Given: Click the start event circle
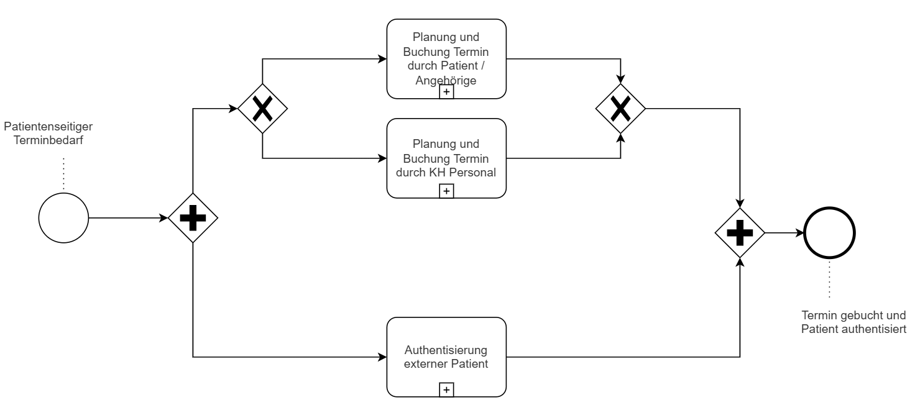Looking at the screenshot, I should coord(63,219).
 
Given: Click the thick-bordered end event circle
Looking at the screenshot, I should coord(829,233).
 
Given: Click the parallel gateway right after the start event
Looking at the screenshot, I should coord(193,219).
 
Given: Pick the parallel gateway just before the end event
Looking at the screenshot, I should coord(740,233).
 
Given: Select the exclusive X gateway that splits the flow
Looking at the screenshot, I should coord(262,109).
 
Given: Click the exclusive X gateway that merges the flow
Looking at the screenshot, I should coord(620,109).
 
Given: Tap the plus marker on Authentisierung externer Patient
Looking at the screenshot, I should coord(446,389).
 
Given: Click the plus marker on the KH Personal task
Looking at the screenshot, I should coord(446,191).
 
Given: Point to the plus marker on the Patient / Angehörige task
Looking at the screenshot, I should coord(446,92).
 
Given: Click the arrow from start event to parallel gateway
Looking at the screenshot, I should coord(127,219).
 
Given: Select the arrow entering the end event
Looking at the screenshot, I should coord(783,233).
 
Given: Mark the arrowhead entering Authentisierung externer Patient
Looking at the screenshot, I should coord(382,357).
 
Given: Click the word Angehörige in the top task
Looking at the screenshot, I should coord(446,81).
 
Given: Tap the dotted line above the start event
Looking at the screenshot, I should coord(63,174).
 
